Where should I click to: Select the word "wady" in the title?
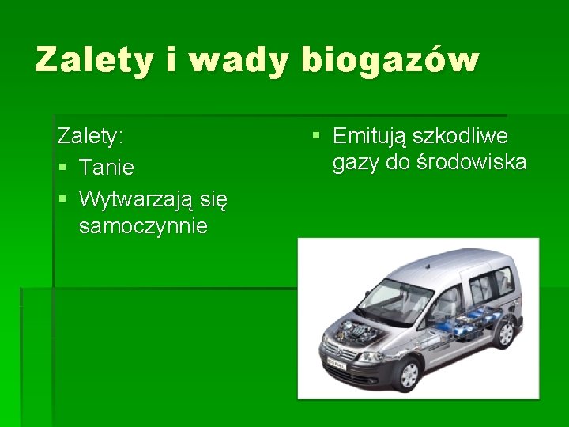pyautogui.click(x=236, y=60)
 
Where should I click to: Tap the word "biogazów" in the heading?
pyautogui.click(x=390, y=60)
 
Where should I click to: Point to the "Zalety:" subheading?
pyautogui.click(x=90, y=136)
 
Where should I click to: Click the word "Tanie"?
pyautogui.click(x=107, y=168)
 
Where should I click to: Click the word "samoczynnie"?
pyautogui.click(x=143, y=227)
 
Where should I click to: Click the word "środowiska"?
pyautogui.click(x=473, y=163)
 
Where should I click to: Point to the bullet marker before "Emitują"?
pyautogui.click(x=316, y=136)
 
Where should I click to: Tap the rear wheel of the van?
pyautogui.click(x=505, y=333)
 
